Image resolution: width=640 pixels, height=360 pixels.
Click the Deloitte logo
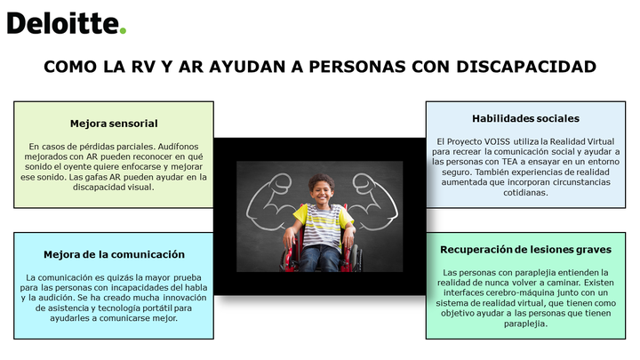click(x=67, y=24)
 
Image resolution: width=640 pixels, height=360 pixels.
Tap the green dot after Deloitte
click(x=123, y=30)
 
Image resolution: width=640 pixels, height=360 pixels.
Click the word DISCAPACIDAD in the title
click(x=526, y=67)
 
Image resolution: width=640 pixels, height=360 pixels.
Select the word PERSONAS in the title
click(x=357, y=67)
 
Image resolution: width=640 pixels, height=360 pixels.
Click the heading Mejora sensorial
click(x=114, y=124)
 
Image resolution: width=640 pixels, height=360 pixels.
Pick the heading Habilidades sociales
click(x=525, y=118)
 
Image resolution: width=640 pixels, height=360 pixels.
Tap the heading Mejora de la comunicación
click(x=114, y=254)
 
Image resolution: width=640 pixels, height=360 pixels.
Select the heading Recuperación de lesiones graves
click(x=525, y=250)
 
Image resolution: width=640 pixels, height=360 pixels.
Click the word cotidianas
click(x=525, y=193)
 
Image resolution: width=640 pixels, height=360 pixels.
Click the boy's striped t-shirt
click(x=323, y=225)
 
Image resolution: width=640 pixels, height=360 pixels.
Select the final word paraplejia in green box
click(x=525, y=324)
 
